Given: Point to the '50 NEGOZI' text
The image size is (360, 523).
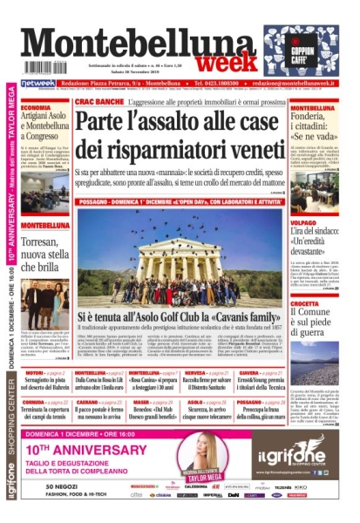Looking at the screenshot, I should pyautogui.click(x=63, y=486).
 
